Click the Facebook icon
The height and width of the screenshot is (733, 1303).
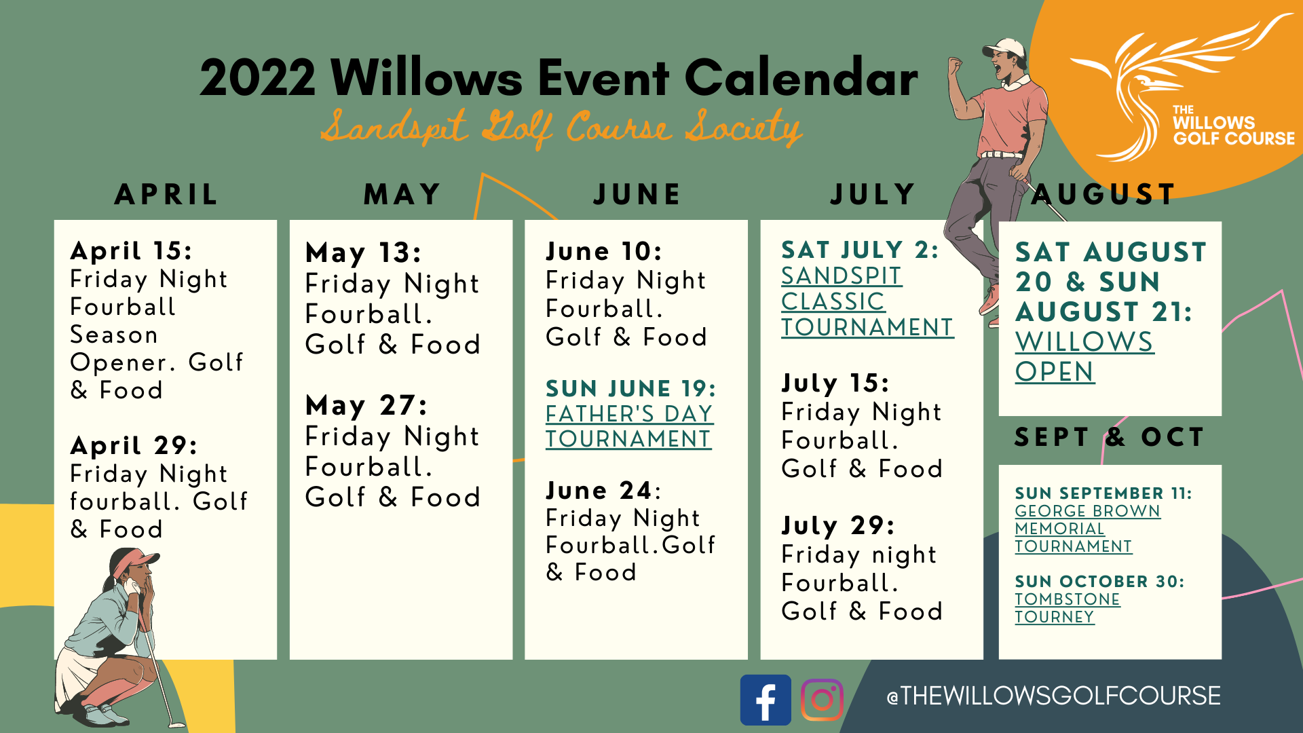[x=766, y=700]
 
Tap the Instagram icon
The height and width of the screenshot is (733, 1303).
[x=822, y=700]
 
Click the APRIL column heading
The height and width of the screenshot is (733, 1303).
[x=166, y=195]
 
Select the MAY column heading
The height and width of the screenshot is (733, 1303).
[x=402, y=195]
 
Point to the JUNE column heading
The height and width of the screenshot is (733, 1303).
[x=637, y=195]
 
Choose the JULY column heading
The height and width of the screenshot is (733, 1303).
[x=872, y=195]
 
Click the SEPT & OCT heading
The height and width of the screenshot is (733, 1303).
[x=1110, y=437]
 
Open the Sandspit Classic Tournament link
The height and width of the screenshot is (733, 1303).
[x=867, y=301]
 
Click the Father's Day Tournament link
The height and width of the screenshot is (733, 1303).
[x=629, y=426]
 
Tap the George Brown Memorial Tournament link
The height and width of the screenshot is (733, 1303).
[x=1087, y=529]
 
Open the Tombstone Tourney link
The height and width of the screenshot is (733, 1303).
[x=1067, y=608]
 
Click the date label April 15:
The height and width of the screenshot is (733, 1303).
[x=131, y=251]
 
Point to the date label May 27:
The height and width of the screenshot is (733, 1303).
[x=366, y=405]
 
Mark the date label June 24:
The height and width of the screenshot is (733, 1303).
[x=603, y=490]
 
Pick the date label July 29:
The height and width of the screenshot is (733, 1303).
[x=838, y=525]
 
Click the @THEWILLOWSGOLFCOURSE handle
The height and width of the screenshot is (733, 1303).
[x=1053, y=696]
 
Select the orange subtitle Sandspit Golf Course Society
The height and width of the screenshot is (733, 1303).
[x=561, y=128]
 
